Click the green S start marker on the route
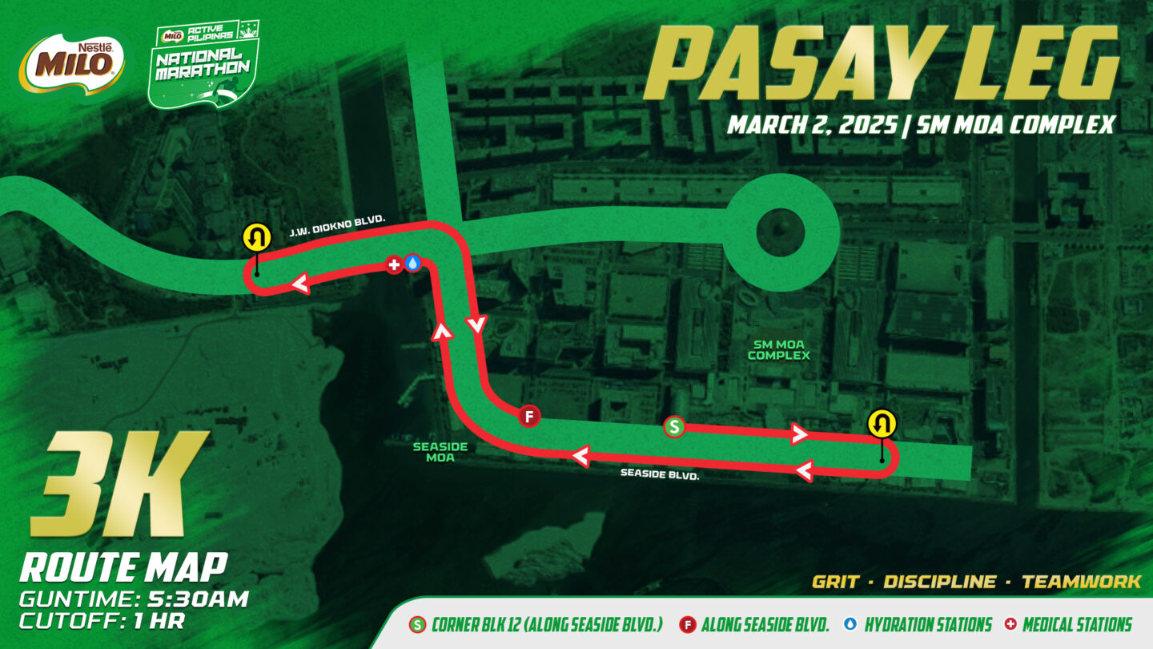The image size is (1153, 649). [674, 427]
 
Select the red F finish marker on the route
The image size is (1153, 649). [528, 416]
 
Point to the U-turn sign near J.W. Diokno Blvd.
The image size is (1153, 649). [255, 238]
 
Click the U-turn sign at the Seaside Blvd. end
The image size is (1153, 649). [882, 423]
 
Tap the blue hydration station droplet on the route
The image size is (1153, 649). [412, 263]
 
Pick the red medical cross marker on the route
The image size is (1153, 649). [393, 264]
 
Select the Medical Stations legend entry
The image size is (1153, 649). [1077, 625]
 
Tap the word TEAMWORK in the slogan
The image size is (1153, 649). [1081, 582]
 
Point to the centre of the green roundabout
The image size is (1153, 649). [782, 232]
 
